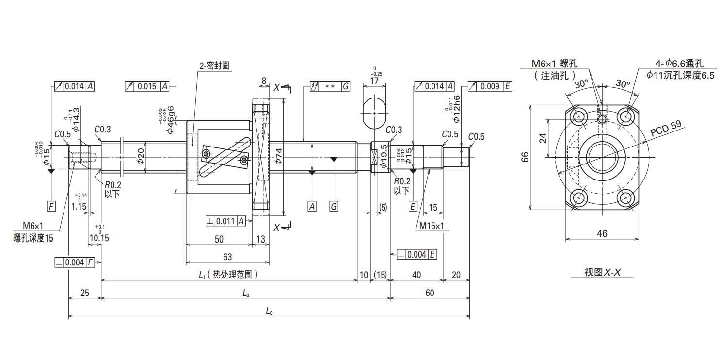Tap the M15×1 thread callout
click(x=431, y=226)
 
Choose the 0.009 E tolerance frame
click(x=490, y=86)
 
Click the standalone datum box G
click(x=333, y=206)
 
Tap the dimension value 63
click(x=227, y=257)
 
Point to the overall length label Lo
click(x=269, y=311)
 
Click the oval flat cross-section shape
click(x=374, y=114)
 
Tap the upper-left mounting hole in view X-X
click(x=579, y=116)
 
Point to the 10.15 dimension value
click(x=99, y=238)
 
